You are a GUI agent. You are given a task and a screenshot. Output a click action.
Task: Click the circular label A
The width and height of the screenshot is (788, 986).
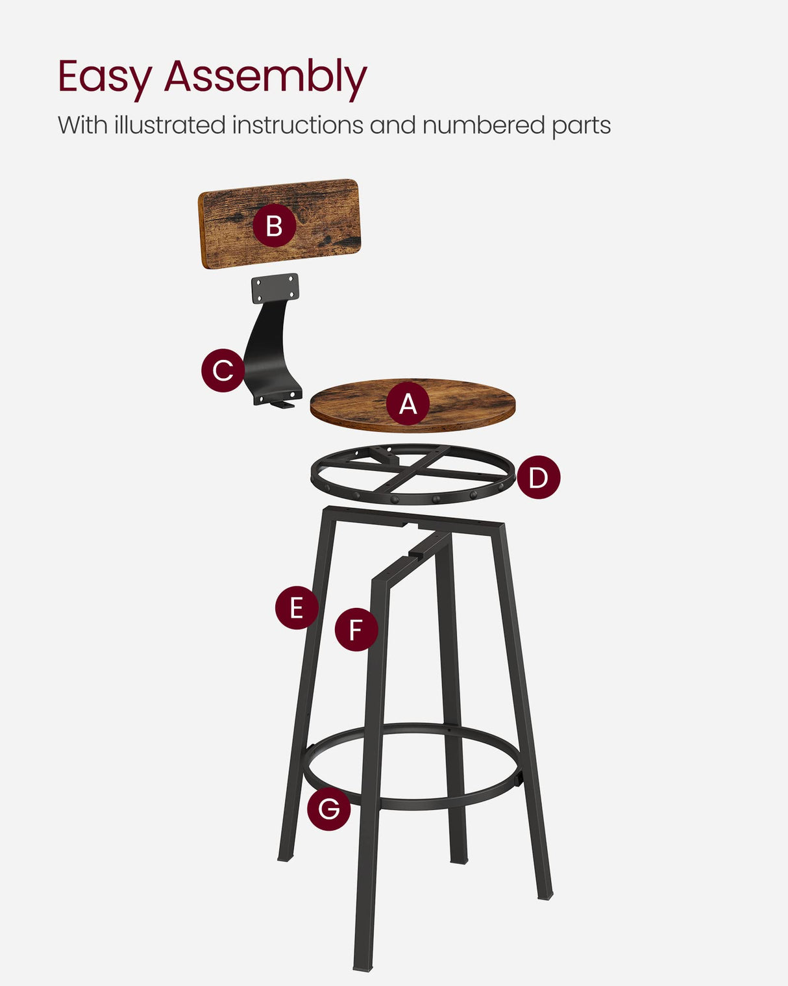coord(408,404)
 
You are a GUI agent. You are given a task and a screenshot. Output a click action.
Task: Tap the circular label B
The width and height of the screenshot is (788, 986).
coord(274,225)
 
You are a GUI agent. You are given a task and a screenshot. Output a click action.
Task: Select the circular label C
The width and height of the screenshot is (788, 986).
coord(223,370)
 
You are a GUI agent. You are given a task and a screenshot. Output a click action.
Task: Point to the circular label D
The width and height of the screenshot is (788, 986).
coord(538,477)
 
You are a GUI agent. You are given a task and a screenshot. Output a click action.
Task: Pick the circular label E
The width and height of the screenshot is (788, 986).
coord(297,608)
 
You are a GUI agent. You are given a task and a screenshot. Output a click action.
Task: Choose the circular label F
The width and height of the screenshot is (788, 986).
coord(356,629)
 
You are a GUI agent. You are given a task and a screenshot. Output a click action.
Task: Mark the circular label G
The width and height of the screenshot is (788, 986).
coord(328,809)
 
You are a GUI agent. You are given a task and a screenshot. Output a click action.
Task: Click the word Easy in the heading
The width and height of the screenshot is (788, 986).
coord(104,77)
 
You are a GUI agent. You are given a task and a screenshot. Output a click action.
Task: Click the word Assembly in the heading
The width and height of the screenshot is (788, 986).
coord(265,77)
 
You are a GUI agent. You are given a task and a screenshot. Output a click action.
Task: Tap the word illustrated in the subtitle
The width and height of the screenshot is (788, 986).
coord(169,125)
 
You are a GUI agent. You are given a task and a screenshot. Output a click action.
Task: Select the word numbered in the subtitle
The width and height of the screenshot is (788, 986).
coord(483,125)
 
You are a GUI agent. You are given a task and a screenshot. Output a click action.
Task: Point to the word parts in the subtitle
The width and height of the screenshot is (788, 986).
coord(581,126)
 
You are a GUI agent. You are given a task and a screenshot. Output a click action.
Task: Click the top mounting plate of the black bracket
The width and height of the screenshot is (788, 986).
coord(275,288)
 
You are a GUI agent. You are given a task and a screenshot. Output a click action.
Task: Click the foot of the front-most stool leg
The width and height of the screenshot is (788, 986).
coord(362,966)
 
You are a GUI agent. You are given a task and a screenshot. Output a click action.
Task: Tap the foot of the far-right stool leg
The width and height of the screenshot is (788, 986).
coord(545,894)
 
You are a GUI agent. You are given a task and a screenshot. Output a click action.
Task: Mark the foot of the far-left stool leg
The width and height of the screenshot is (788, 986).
coord(285,857)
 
